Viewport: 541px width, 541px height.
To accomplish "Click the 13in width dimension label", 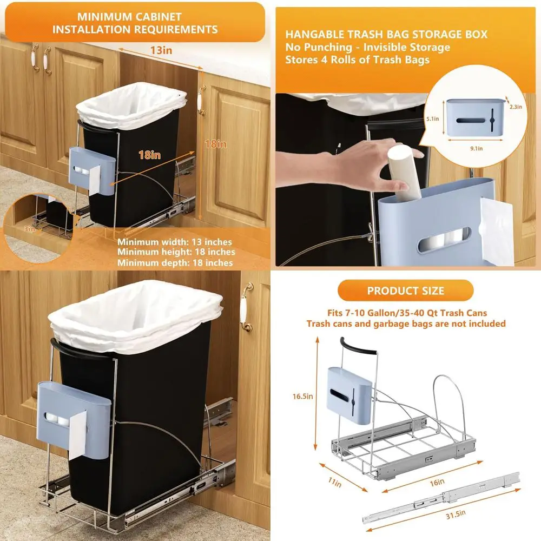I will pos(161,50).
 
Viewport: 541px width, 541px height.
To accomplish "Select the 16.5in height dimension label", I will pos(302,396).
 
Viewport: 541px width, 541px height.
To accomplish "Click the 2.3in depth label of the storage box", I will pos(516,107).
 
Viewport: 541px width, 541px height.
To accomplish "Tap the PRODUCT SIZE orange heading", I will pos(406,291).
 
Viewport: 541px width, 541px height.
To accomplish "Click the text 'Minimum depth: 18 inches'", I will pos(176,263).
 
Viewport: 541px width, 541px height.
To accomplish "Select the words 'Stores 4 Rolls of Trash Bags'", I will pos(358,60).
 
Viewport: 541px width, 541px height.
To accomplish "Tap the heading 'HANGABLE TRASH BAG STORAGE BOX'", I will pos(386,34).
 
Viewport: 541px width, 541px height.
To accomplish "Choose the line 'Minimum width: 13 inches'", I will pos(175,242).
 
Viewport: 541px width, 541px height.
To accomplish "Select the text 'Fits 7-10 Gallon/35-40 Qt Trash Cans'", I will pos(406,313).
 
